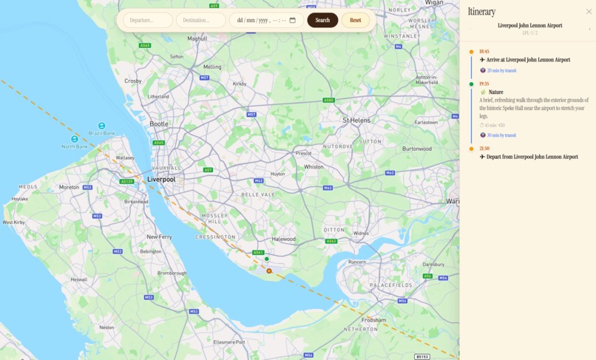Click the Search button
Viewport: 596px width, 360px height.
pos(322,20)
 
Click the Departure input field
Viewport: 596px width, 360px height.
pos(147,20)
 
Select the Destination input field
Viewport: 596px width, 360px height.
pos(200,20)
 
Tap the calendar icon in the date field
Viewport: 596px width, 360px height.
pos(293,20)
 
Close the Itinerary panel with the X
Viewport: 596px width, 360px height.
pos(589,12)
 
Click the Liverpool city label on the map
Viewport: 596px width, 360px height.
pos(161,180)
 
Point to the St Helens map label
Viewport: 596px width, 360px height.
pos(356,120)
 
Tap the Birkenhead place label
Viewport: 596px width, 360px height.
pos(136,201)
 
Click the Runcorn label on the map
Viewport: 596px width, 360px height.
pos(357,262)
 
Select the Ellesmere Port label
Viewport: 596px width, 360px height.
pos(229,342)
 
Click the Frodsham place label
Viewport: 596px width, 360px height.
pos(373,320)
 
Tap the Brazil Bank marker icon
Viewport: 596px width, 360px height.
pos(102,126)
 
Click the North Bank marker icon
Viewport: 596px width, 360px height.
pos(75,139)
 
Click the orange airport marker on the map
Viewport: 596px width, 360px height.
pos(269,271)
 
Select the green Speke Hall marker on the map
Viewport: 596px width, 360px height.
pos(267,259)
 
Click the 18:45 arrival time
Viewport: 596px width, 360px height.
pos(484,52)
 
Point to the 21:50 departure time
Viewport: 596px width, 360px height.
pos(484,149)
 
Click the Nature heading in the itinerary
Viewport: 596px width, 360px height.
pos(495,92)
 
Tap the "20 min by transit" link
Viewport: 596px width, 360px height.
pos(501,71)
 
